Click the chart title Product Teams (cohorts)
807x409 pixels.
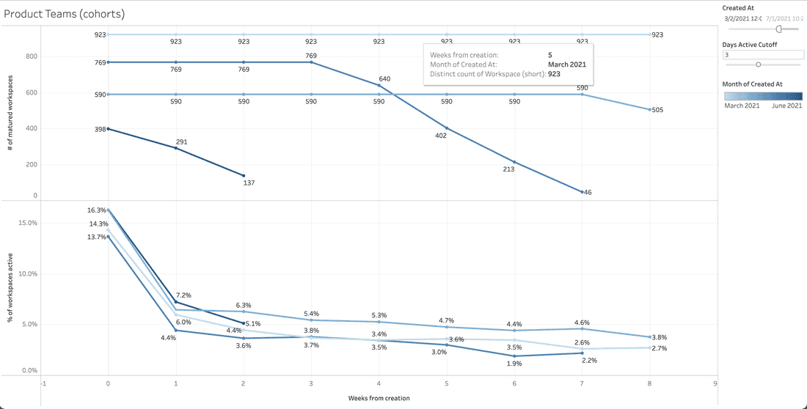pyautogui.click(x=64, y=13)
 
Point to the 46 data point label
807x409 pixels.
pyautogui.click(x=588, y=192)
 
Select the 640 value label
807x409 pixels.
pyautogui.click(x=384, y=78)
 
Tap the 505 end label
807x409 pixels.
pyautogui.click(x=657, y=111)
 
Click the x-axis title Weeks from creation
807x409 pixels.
pyautogui.click(x=379, y=398)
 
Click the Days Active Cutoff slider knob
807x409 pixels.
pyautogui.click(x=759, y=65)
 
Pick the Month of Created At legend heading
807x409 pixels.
pyautogui.click(x=752, y=84)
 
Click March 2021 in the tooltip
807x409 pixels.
pyautogui.click(x=566, y=64)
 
